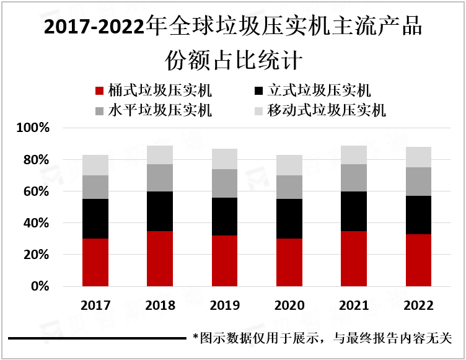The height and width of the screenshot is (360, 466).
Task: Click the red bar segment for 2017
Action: pyautogui.click(x=95, y=262)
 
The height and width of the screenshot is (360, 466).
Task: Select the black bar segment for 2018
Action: pyautogui.click(x=160, y=211)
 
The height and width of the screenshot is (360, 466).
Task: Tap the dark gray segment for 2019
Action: pyautogui.click(x=224, y=183)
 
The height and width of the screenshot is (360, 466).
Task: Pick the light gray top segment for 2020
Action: pyautogui.click(x=289, y=165)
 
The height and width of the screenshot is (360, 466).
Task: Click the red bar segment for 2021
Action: pyautogui.click(x=353, y=258)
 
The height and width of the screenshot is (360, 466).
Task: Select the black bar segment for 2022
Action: pyautogui.click(x=418, y=214)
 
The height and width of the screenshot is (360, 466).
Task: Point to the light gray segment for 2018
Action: pyautogui.click(x=160, y=155)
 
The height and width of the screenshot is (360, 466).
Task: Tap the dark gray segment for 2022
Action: pyautogui.click(x=418, y=182)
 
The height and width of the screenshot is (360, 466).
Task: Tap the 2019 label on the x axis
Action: pyautogui.click(x=224, y=305)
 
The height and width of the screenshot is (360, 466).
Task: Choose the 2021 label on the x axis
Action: pyautogui.click(x=353, y=305)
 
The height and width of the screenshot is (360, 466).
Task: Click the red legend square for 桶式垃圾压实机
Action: pyautogui.click(x=99, y=92)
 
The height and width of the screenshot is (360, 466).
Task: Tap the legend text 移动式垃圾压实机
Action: pyautogui.click(x=327, y=110)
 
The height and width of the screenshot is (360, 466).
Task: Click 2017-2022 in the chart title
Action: pyautogui.click(x=92, y=27)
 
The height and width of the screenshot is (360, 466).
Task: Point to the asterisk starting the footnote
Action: pyautogui.click(x=195, y=338)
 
